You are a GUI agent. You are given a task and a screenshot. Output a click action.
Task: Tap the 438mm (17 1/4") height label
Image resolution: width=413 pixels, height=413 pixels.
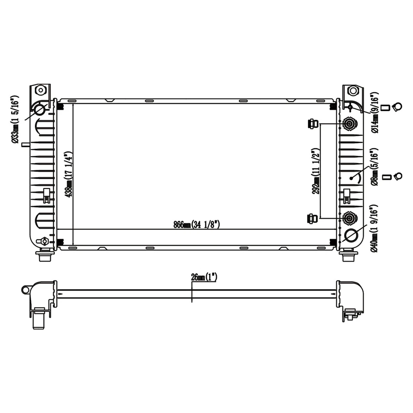(69, 175)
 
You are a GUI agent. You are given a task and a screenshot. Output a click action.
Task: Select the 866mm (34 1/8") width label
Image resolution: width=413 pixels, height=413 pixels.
(197, 225)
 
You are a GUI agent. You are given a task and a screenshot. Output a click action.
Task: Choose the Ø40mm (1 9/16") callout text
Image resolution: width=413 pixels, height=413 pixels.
(375, 228)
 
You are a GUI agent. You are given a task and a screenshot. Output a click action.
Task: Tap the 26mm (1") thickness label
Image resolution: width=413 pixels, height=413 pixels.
(204, 277)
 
